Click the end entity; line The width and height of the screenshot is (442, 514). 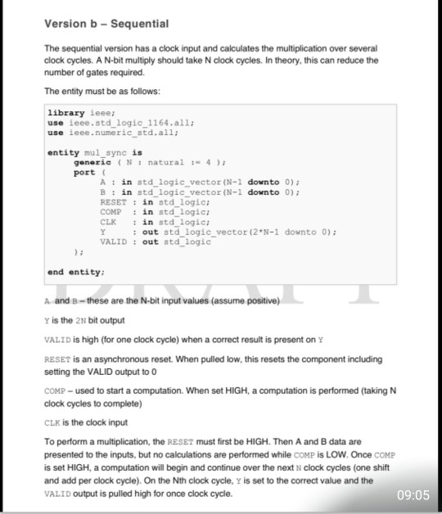coord(74,272)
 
